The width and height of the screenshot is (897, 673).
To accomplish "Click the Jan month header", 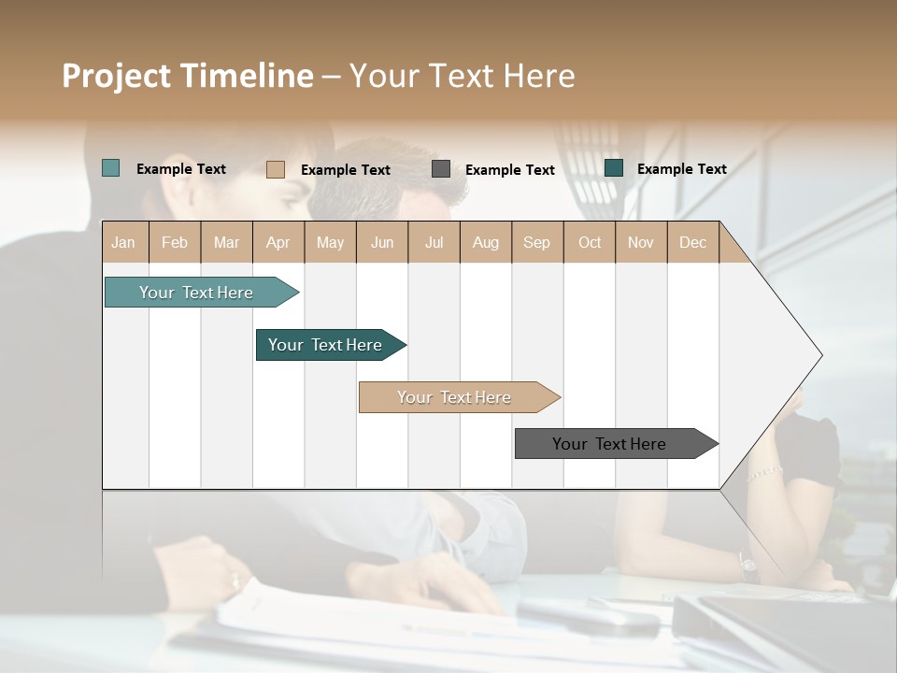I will (124, 242).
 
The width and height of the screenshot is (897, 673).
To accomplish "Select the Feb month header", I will (175, 242).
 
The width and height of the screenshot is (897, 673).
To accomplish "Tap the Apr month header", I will (278, 242).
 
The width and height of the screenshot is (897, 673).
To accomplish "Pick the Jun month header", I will (382, 242).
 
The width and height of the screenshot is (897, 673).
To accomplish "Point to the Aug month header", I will (485, 242).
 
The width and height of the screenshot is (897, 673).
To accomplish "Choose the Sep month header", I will (537, 242).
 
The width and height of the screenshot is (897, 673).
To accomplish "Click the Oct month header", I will (590, 242).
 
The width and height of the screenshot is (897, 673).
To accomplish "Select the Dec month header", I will (692, 242).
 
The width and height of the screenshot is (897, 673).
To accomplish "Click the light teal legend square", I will (110, 168).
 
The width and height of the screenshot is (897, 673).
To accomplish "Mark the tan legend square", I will (275, 169).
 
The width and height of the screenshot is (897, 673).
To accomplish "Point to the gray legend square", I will (440, 169).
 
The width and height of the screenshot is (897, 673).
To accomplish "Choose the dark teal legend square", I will (613, 168).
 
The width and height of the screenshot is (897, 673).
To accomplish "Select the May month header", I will (330, 242).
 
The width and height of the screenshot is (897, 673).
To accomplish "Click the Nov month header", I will (640, 242).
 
